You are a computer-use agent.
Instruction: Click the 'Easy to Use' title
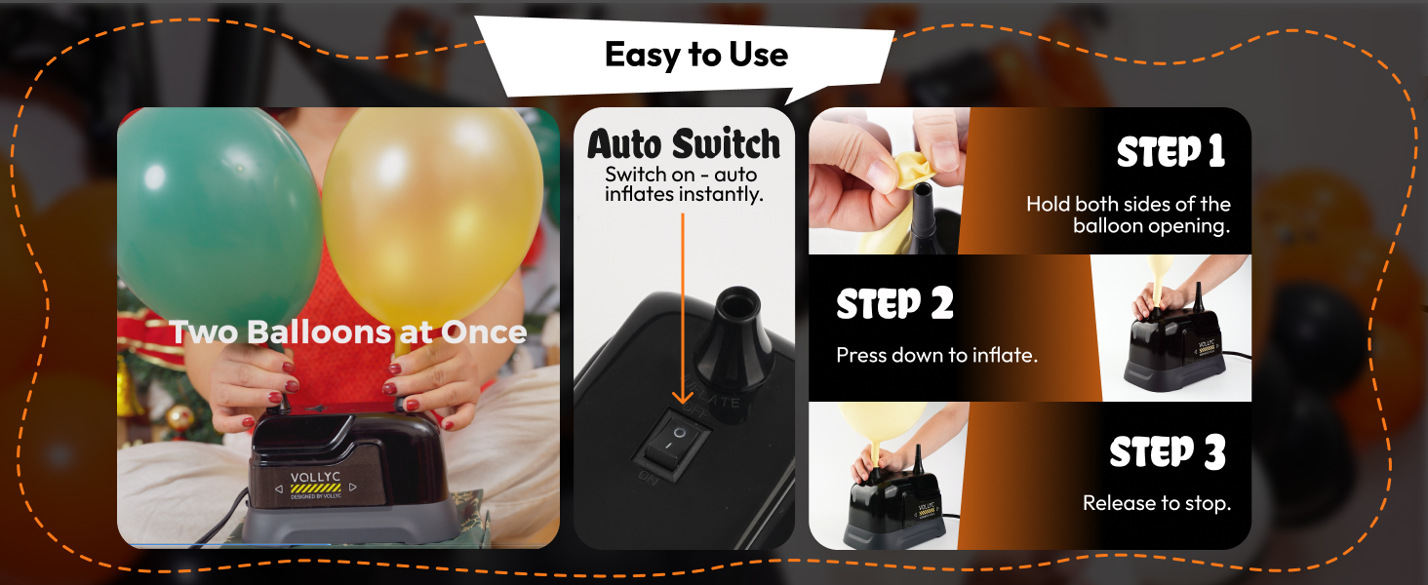[x=695, y=55]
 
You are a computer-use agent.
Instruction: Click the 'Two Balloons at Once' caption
[x=348, y=332]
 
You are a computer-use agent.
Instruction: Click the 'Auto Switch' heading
[x=684, y=145]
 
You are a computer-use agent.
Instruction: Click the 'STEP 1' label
[x=1170, y=153]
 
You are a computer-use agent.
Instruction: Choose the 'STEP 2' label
[x=894, y=305]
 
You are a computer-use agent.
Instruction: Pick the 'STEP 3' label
[x=1168, y=453]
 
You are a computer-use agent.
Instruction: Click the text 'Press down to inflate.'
[x=936, y=356]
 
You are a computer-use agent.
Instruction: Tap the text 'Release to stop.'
[x=1157, y=504]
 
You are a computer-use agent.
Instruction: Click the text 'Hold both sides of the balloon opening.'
[x=1129, y=215]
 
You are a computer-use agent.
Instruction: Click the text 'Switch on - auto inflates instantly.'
[x=683, y=184]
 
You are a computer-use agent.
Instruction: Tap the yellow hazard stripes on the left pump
[x=316, y=487]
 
